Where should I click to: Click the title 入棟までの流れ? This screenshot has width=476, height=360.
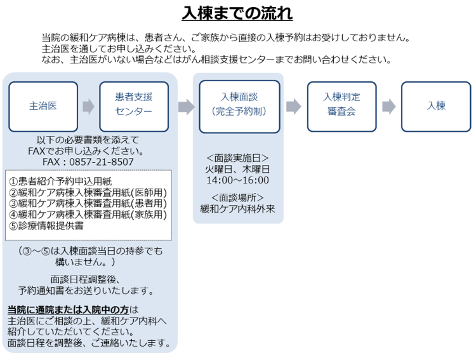pos(237,13)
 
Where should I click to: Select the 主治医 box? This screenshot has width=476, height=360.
pos(43,106)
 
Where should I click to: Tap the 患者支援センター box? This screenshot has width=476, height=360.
pos(134,106)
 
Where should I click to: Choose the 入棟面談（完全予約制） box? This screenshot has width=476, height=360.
pos(239,106)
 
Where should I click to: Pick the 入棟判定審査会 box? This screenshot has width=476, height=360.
pos(341,106)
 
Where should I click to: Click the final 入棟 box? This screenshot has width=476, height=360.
pos(436,106)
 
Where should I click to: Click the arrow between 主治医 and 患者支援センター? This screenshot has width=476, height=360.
pos(88,107)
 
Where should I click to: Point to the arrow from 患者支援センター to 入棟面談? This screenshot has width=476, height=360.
pos(186,107)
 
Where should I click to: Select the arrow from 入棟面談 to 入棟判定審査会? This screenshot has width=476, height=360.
pos(293,107)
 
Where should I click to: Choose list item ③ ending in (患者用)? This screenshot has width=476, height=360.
pos(88,203)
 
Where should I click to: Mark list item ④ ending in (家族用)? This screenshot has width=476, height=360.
pos(88,215)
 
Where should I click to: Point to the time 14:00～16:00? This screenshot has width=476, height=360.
pos(237,180)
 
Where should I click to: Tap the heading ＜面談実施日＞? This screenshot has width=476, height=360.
pos(237,158)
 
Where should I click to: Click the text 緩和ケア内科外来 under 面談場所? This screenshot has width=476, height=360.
pos(237,208)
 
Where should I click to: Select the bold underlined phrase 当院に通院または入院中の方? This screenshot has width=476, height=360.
pos(68,310)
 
